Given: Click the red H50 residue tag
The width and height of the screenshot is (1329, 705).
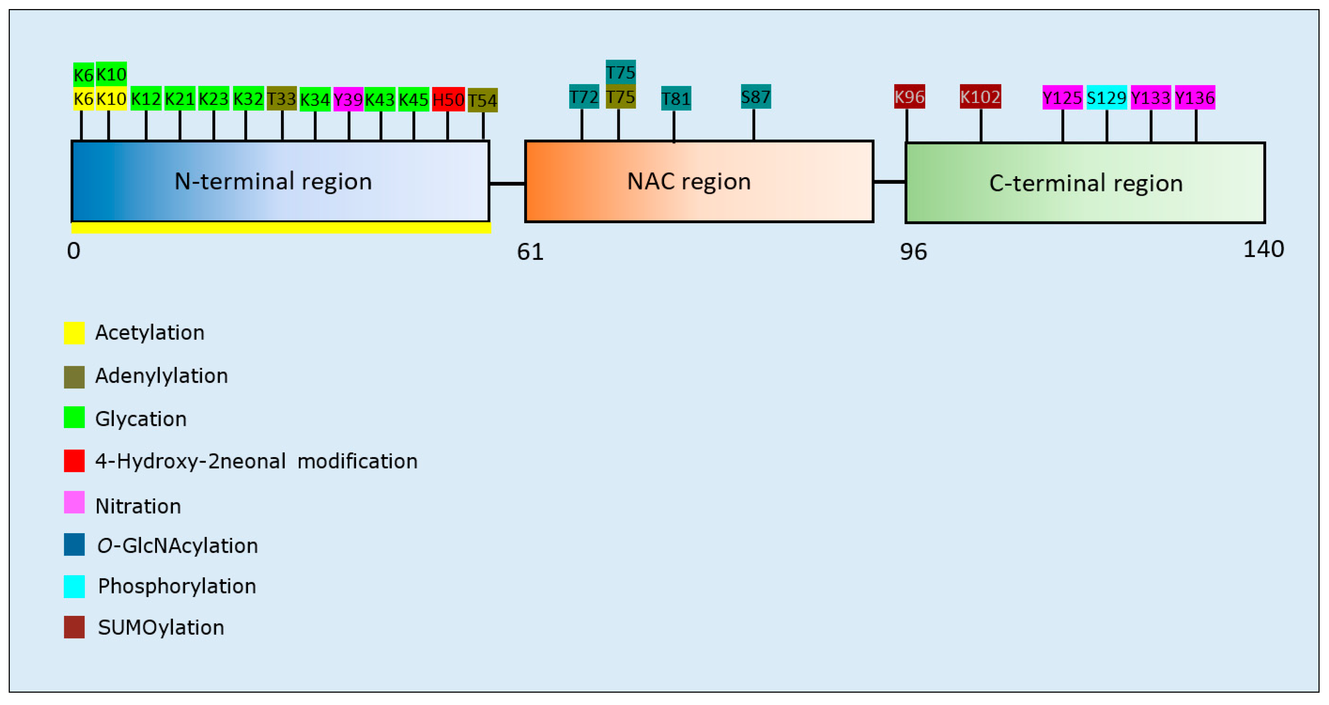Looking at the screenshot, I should pos(448,99).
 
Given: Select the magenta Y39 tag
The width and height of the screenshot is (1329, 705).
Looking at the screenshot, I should pos(348,99).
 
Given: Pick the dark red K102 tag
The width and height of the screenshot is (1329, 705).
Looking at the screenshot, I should pos(980,97).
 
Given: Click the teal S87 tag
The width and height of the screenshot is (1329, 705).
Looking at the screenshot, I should pos(755,96).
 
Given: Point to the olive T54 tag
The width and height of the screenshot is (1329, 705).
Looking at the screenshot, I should pos(483,100).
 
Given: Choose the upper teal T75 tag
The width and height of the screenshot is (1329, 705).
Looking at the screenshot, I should pos(620,72).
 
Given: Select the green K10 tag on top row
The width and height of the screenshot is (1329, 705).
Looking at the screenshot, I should pos(111,74).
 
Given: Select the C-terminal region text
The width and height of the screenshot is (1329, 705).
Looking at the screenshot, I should pos(1085,183).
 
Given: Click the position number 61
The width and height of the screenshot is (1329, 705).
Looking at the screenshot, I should pos(530,252).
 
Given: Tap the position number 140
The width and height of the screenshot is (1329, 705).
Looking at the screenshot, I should pos(1263,249).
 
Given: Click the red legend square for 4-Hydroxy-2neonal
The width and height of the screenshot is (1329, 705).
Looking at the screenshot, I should pos(74,461).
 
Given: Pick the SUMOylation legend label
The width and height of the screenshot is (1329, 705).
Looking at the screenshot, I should pos(161,627).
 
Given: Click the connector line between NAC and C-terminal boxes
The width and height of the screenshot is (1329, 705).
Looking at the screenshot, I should pos(889,182).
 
